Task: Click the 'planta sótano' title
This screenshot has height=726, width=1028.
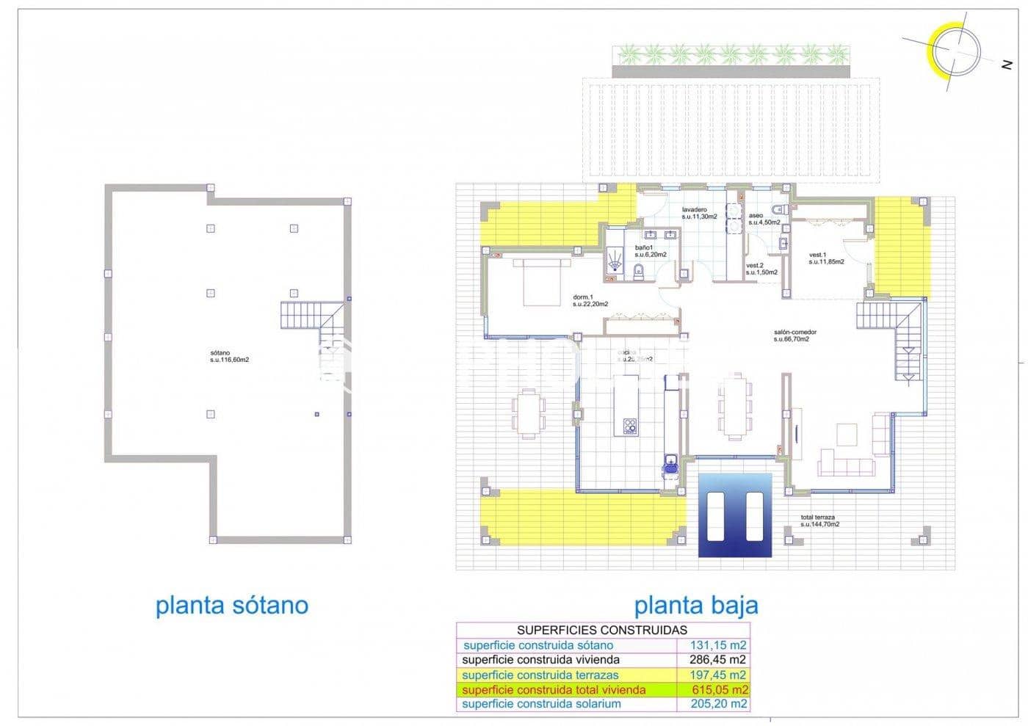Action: tap(232, 606)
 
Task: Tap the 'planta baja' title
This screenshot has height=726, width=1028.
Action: tap(695, 606)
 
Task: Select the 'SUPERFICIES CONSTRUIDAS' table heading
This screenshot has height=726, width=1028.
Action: tap(602, 630)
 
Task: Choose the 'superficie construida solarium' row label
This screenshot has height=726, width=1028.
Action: tap(541, 704)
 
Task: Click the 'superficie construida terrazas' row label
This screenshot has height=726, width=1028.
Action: tap(540, 675)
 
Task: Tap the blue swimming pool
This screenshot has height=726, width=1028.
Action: tap(734, 515)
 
